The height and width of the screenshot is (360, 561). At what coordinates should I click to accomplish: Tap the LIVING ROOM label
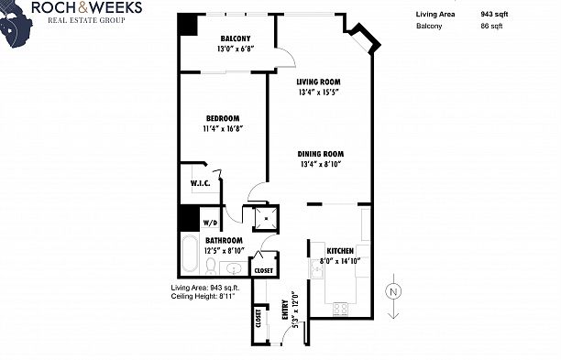click(318, 82)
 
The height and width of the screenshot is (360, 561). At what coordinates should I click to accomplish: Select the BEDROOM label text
click(222, 118)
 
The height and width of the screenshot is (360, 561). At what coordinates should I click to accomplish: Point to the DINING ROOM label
click(320, 154)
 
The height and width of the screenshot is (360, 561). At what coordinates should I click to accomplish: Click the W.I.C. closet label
click(201, 183)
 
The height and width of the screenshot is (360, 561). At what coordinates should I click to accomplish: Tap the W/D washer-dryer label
click(210, 223)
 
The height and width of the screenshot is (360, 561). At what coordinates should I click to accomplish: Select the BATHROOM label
click(224, 241)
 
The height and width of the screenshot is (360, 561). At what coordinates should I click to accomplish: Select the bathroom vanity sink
click(233, 268)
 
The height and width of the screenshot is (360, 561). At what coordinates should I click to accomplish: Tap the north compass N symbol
click(391, 291)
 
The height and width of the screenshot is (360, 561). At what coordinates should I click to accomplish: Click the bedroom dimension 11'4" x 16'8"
click(222, 128)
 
